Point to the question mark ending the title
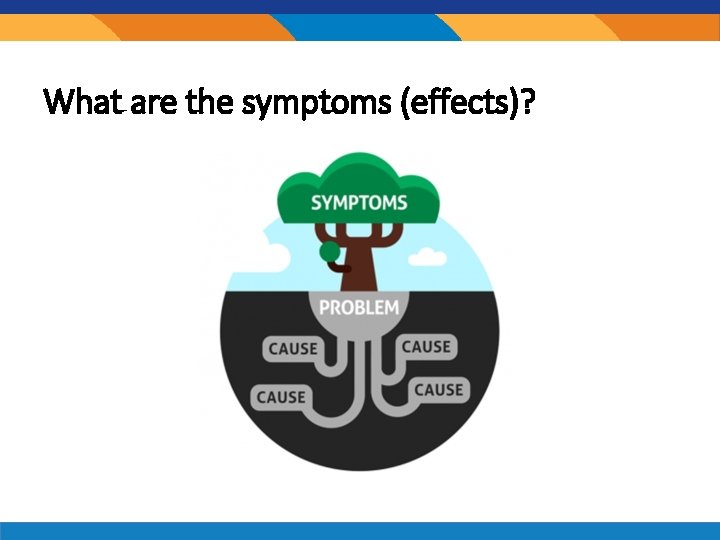pos(526,101)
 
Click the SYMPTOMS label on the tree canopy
pos(359,202)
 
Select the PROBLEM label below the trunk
pos(359,307)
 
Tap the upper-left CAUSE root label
pos(292,349)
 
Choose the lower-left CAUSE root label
pos(281,397)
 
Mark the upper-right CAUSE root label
pos(427,347)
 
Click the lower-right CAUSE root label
pos(439,388)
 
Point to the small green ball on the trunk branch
pos(327,251)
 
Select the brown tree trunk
pos(361,265)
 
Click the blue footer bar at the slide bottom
pos(360,530)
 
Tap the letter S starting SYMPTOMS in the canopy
pos(317,202)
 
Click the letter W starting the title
pos(58,101)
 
